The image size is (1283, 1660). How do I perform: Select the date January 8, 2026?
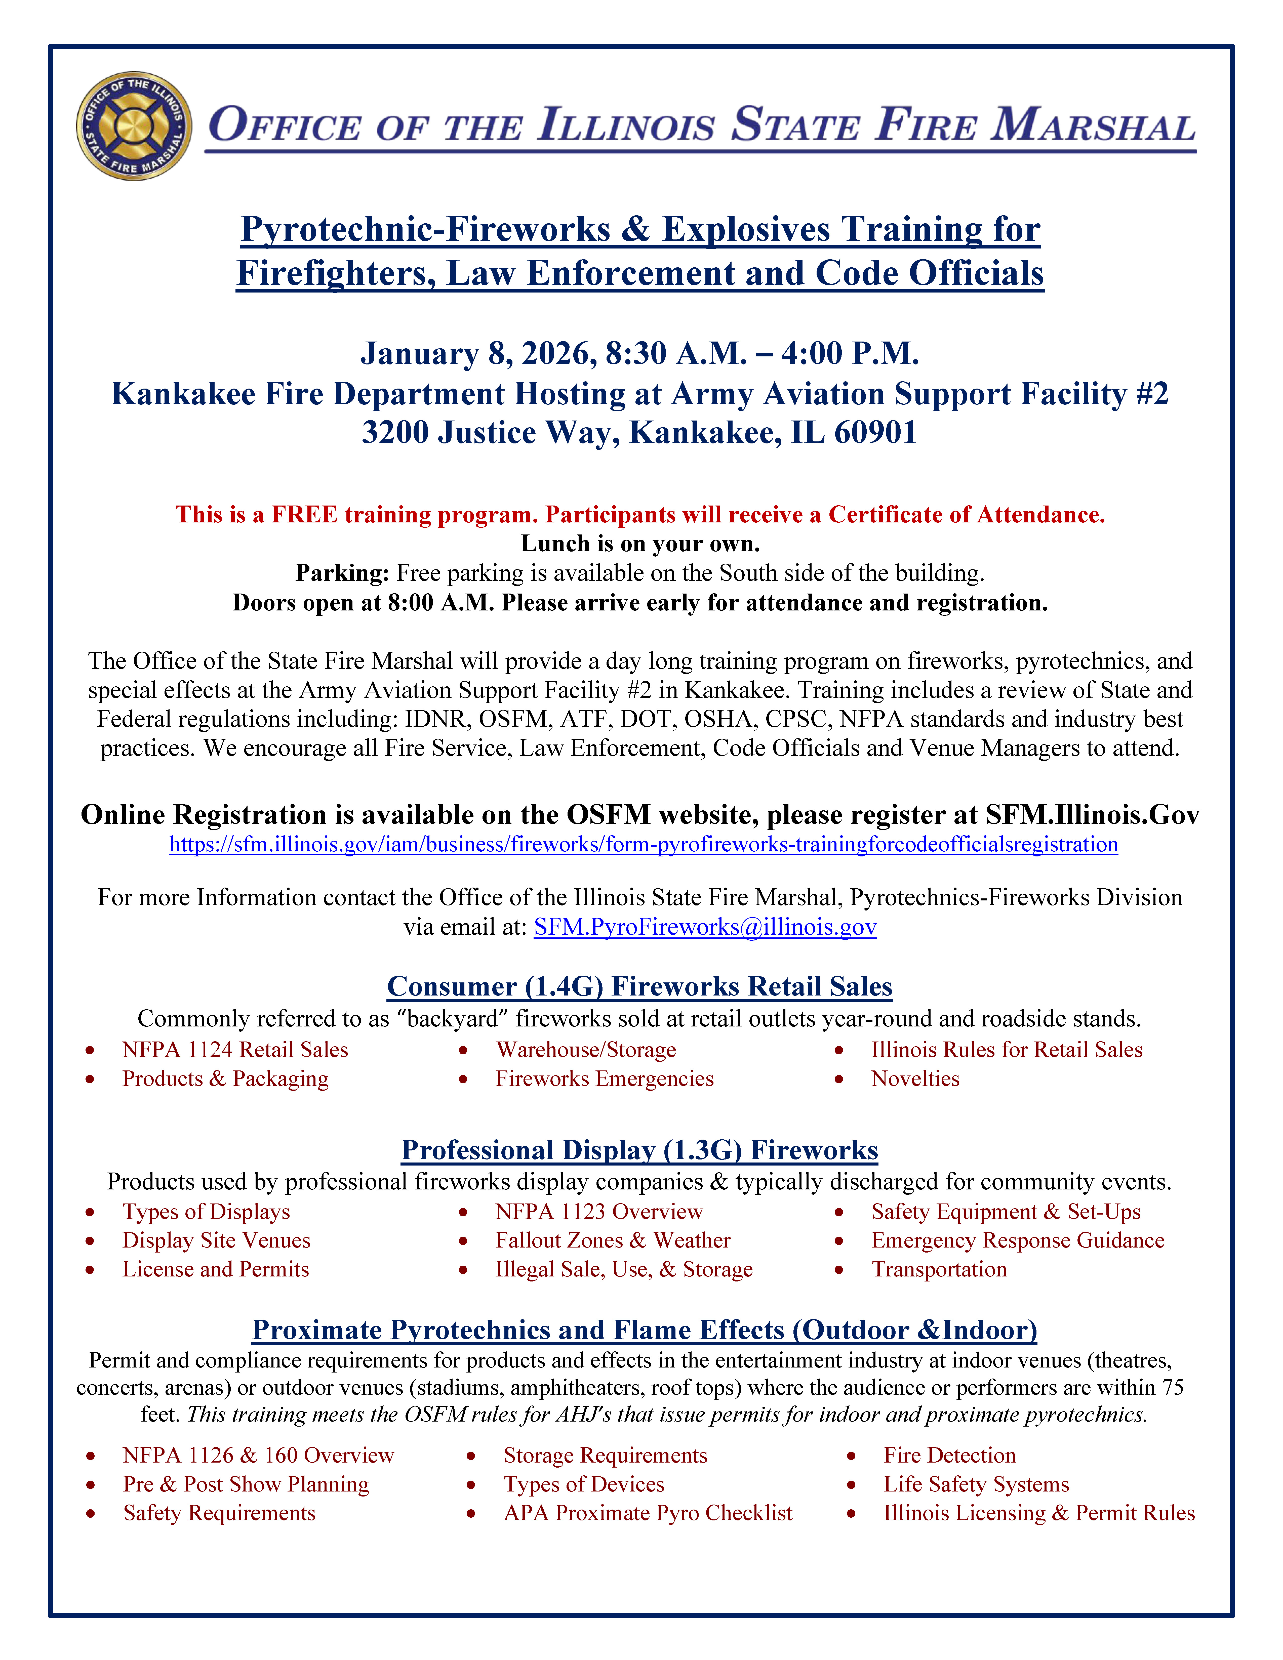pyautogui.click(x=477, y=353)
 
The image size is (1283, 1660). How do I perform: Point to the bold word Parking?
pyautogui.click(x=342, y=573)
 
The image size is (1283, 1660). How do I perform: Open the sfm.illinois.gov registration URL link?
pyautogui.click(x=643, y=844)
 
